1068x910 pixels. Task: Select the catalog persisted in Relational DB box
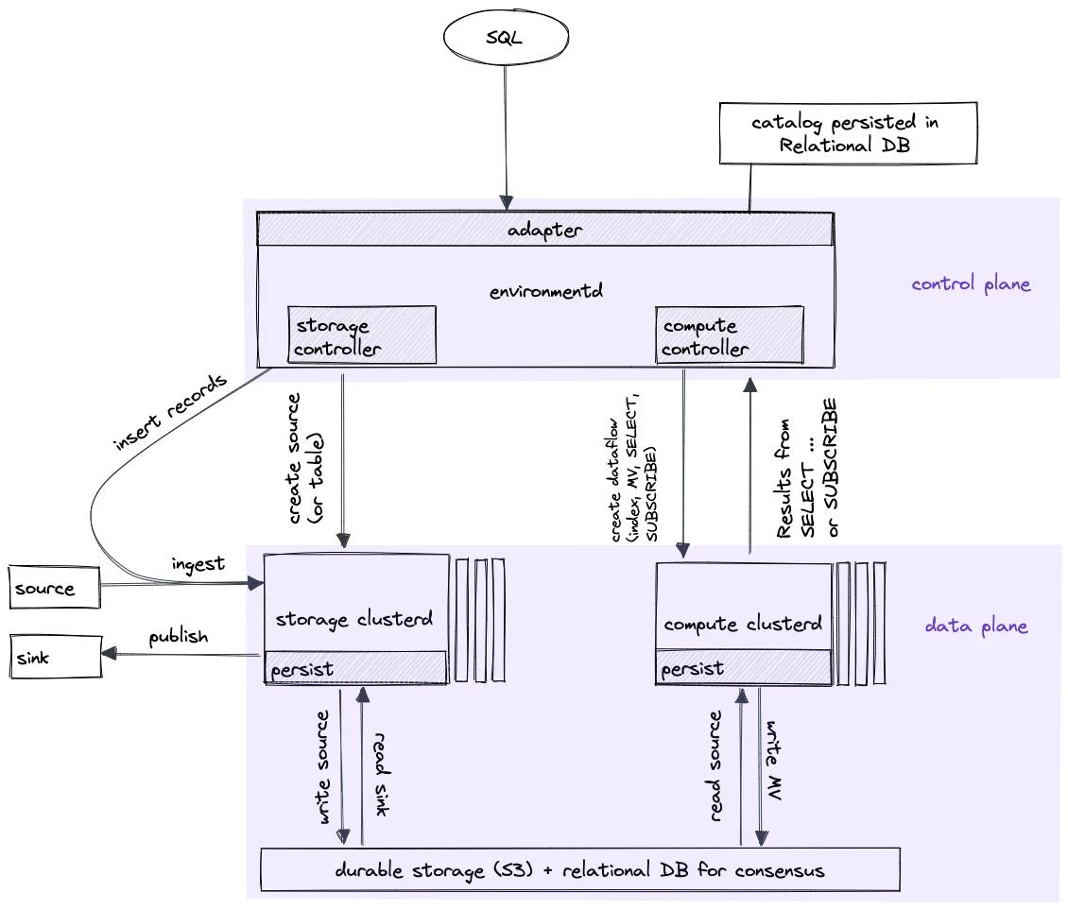[847, 134]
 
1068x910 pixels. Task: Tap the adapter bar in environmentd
[544, 230]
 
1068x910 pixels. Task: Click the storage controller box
[362, 335]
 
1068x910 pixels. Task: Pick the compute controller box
[729, 336]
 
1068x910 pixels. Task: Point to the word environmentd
[545, 291]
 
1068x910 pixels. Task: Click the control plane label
[971, 283]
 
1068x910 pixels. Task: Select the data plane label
[975, 626]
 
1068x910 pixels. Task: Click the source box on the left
[53, 588]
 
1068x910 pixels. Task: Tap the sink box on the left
[53, 658]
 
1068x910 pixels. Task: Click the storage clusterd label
[354, 620]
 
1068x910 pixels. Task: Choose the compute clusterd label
[743, 624]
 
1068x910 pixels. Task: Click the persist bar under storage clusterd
[355, 668]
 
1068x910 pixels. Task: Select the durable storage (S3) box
[579, 869]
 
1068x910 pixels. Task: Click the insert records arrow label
[170, 413]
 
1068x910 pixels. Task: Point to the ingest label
[198, 564]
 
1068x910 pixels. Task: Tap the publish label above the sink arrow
[178, 636]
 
